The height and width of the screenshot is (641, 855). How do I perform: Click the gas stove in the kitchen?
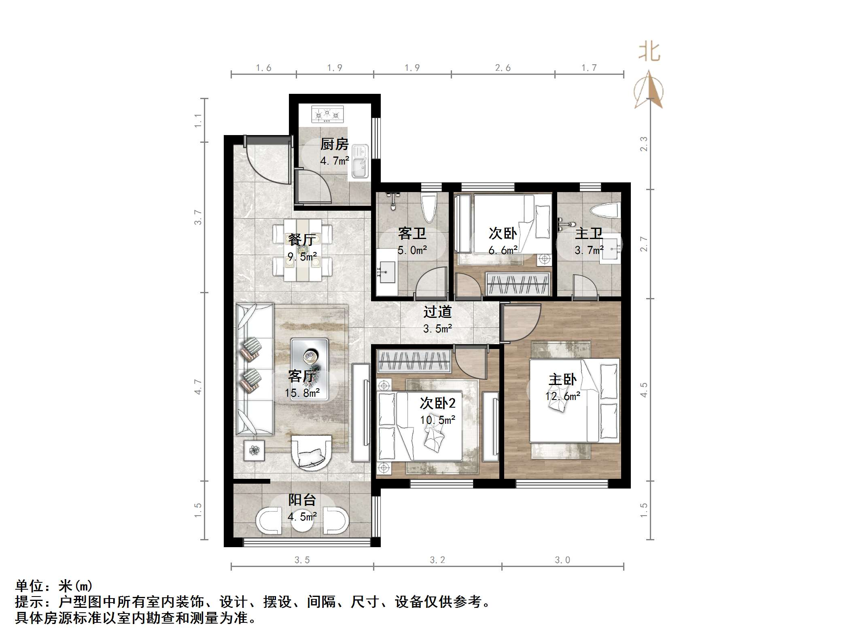(x=327, y=114)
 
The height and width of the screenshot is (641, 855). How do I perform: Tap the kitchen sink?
(x=359, y=162)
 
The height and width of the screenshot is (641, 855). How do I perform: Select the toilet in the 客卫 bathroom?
(x=428, y=208)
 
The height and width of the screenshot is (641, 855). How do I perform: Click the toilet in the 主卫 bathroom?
(x=605, y=211)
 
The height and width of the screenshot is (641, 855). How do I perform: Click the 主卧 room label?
(x=562, y=379)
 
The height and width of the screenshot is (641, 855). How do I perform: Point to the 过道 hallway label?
(x=437, y=312)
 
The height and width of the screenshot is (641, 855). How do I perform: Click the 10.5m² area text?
(x=437, y=420)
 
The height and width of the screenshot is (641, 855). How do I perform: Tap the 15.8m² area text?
(x=302, y=393)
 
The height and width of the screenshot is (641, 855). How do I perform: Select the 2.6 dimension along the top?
(x=503, y=68)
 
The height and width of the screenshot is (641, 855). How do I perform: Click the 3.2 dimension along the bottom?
(x=437, y=560)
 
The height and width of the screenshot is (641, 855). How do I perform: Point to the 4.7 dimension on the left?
(x=197, y=387)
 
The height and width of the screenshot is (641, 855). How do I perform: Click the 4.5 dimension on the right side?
(x=644, y=390)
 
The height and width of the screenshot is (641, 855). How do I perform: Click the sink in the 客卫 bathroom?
(x=386, y=273)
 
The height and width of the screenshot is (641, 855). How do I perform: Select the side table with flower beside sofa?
(x=254, y=451)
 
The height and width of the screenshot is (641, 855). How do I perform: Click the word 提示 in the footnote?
(x=29, y=602)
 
